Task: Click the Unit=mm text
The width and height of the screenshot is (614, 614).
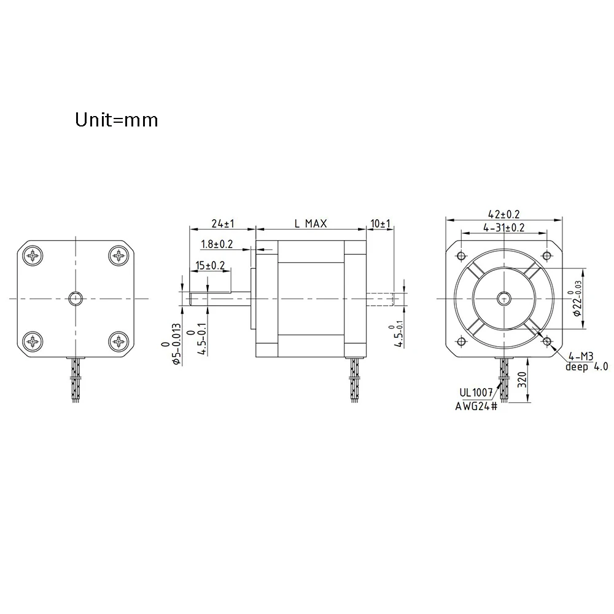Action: click(x=116, y=120)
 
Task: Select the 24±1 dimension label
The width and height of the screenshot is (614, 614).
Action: click(x=223, y=223)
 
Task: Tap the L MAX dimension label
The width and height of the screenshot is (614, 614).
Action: click(x=311, y=223)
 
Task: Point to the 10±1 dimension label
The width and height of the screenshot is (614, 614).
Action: click(x=381, y=223)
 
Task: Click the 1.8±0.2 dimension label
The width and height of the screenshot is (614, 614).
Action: click(x=217, y=244)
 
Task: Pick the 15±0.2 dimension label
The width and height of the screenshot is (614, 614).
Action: click(x=210, y=265)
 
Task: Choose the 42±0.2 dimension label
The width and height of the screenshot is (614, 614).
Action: click(x=504, y=214)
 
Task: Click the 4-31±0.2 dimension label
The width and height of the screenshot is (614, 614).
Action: click(x=504, y=228)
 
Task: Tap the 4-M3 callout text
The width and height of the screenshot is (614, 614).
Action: click(x=581, y=356)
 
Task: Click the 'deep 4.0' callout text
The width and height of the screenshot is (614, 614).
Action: click(x=586, y=367)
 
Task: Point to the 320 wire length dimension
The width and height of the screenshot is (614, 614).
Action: click(x=522, y=380)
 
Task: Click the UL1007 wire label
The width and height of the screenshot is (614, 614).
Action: click(x=476, y=392)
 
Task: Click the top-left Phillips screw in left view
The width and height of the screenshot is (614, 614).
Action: click(x=33, y=256)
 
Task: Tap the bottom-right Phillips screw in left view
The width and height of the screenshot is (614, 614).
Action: click(x=119, y=341)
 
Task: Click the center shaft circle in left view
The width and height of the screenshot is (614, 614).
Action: click(x=76, y=299)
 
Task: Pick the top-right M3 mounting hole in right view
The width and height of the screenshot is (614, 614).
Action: click(x=547, y=256)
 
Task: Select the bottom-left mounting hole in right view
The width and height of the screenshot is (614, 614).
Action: click(x=461, y=341)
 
